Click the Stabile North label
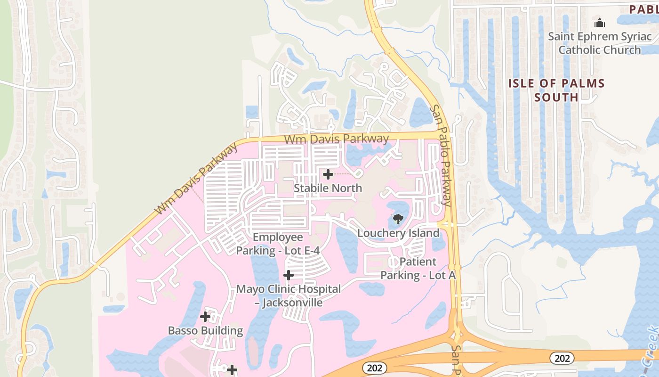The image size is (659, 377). (x=328, y=188)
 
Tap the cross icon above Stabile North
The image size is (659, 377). (x=328, y=174)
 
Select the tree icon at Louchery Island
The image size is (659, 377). (x=398, y=219)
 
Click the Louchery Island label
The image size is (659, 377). (x=398, y=233)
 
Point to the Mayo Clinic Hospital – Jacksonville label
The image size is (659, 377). (x=288, y=295)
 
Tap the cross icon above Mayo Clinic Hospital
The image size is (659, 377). (x=289, y=275)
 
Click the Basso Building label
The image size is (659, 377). (x=205, y=330)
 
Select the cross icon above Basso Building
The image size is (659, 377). (x=205, y=317)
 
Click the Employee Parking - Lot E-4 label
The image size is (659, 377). (x=278, y=244)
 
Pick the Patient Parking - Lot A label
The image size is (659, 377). (x=418, y=268)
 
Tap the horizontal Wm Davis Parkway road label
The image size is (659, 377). (x=337, y=139)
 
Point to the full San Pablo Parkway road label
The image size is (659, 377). (x=441, y=156)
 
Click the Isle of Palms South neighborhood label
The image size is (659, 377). (x=556, y=90)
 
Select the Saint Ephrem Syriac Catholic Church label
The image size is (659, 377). (x=600, y=43)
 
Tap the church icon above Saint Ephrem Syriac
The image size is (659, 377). (x=599, y=22)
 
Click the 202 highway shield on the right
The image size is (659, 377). (x=562, y=359)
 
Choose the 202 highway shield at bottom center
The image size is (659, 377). (x=375, y=368)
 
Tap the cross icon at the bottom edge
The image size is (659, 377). (x=232, y=370)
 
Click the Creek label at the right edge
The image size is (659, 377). (x=651, y=346)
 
